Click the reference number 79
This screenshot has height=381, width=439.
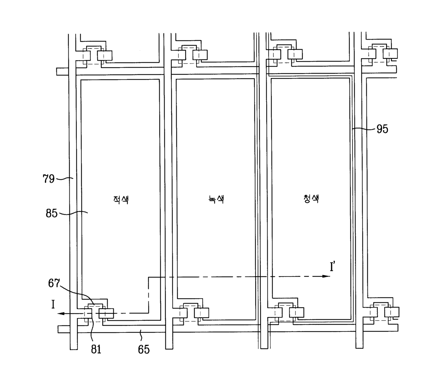(49, 179)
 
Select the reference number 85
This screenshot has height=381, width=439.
(52, 214)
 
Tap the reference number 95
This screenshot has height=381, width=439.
(382, 129)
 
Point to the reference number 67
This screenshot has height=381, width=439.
(54, 283)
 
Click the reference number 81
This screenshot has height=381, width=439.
(96, 349)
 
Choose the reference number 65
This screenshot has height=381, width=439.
(144, 349)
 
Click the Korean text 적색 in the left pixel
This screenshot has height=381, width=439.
(121, 200)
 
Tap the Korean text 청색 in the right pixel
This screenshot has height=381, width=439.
(311, 199)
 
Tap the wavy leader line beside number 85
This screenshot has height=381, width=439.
(73, 213)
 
